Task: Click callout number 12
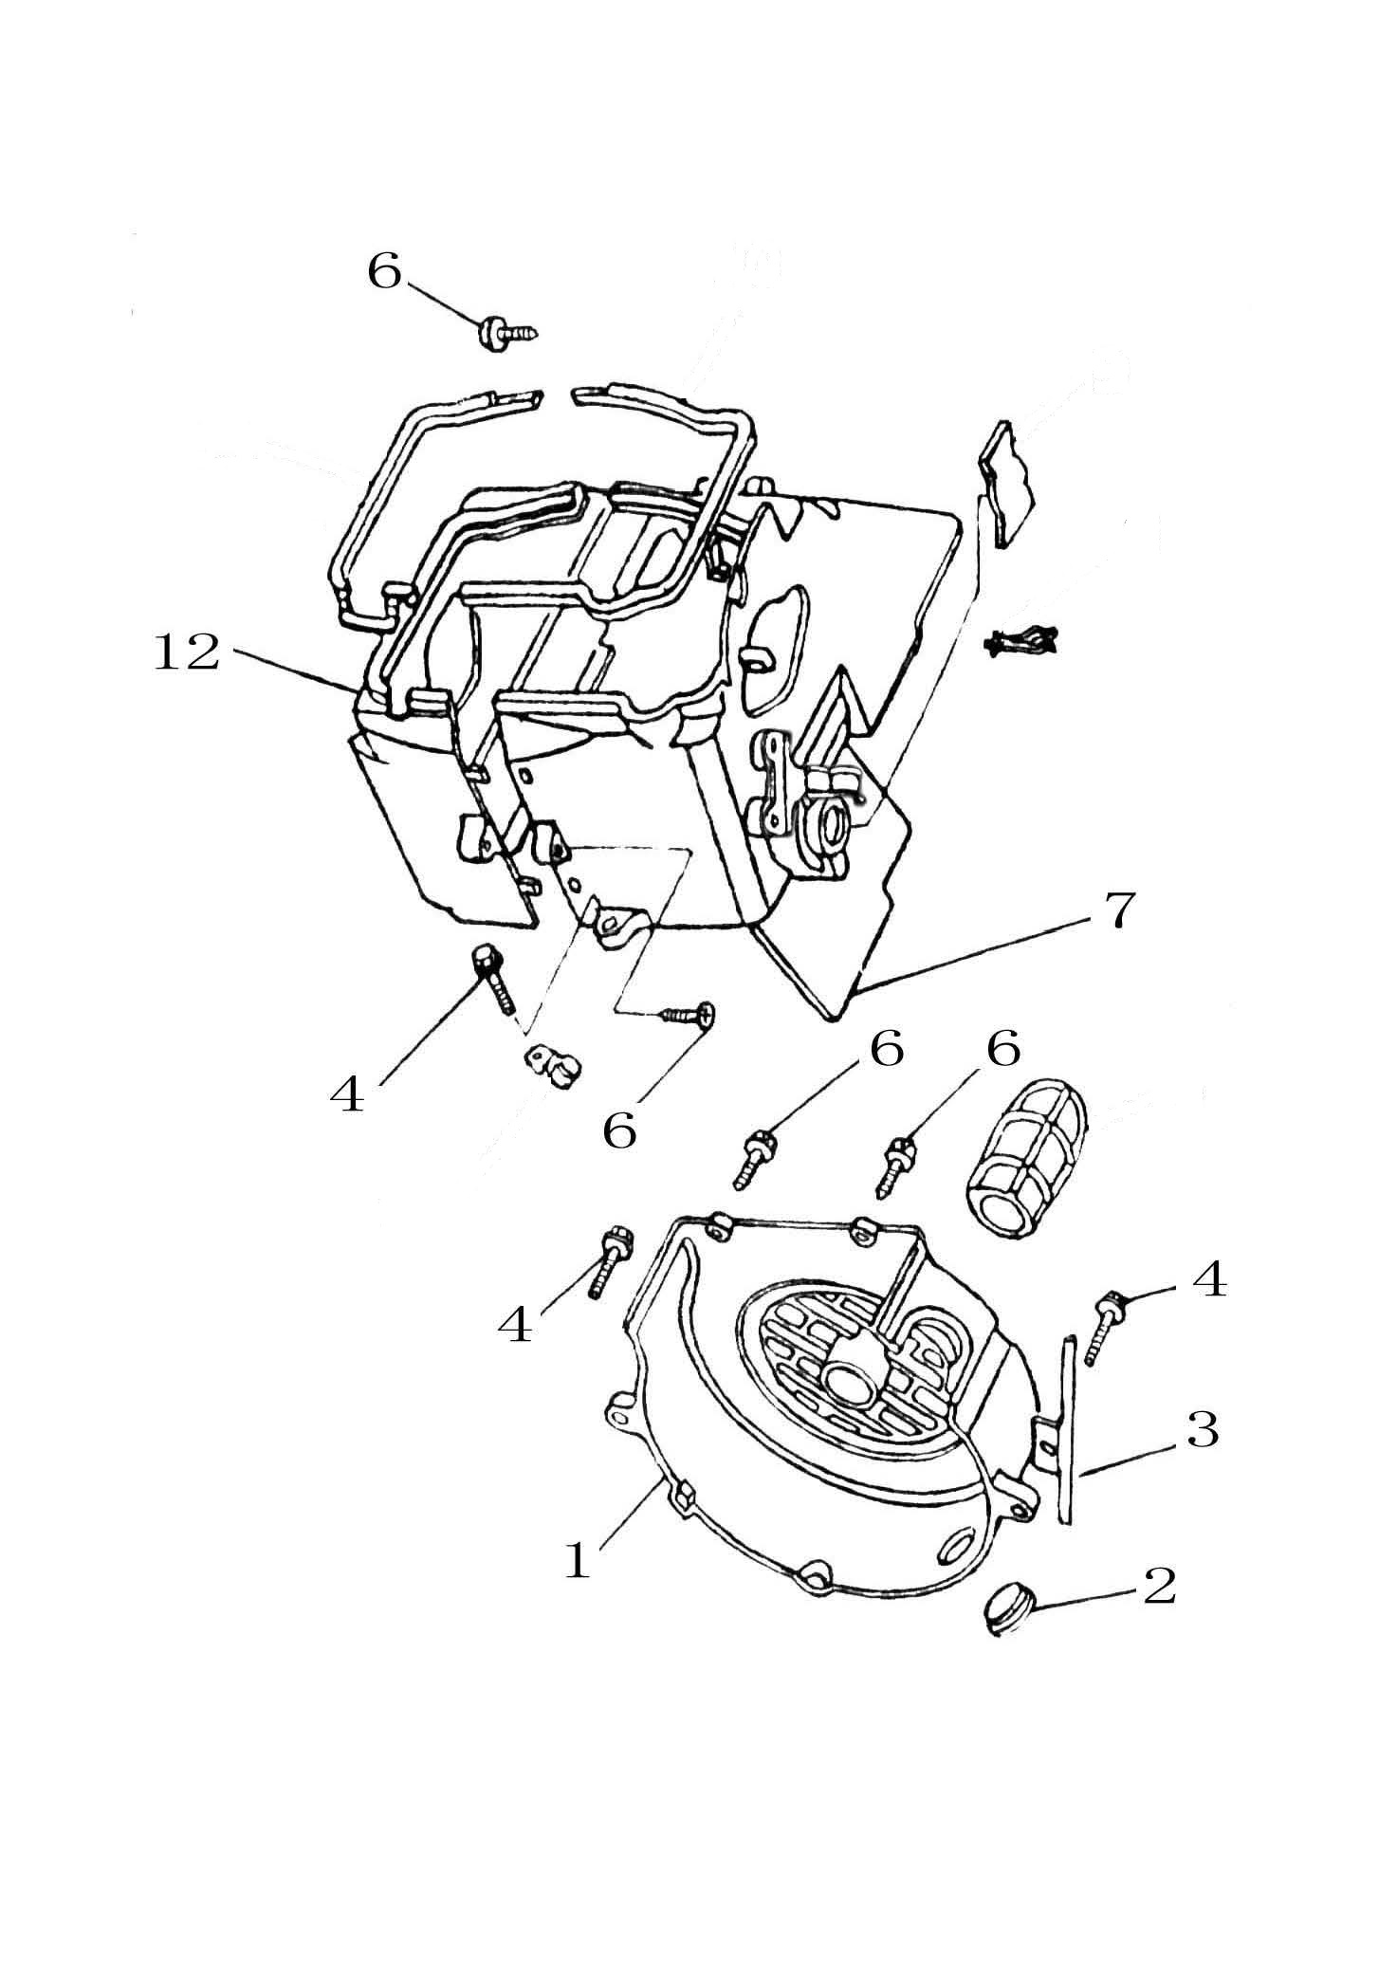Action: tap(187, 653)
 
